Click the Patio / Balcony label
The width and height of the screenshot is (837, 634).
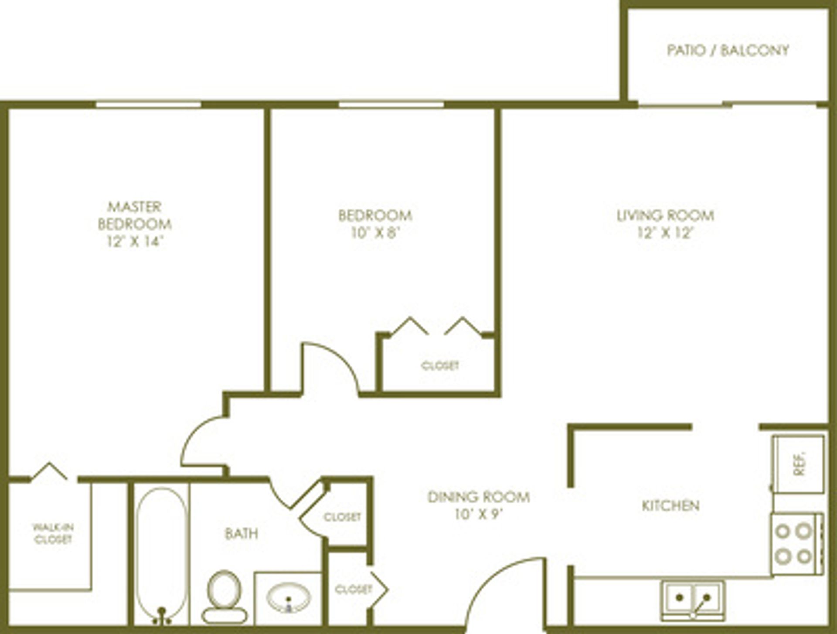click(728, 50)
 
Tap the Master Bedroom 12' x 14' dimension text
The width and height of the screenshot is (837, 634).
click(135, 241)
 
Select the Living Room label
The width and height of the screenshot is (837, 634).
click(665, 215)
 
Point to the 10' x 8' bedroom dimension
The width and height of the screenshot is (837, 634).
click(375, 233)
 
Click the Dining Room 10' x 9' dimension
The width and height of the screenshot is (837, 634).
click(479, 515)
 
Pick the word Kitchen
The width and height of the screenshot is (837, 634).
click(670, 506)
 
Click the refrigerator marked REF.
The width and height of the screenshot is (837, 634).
click(798, 464)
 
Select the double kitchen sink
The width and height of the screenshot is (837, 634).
click(693, 600)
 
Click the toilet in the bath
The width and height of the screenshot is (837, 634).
click(224, 597)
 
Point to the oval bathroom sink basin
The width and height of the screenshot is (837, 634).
click(288, 598)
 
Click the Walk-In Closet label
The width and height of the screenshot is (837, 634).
click(53, 533)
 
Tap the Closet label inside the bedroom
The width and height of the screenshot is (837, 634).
click(440, 365)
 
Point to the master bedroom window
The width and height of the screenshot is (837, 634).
click(148, 105)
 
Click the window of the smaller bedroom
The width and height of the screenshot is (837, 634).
click(391, 105)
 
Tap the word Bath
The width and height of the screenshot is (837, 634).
click(242, 534)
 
